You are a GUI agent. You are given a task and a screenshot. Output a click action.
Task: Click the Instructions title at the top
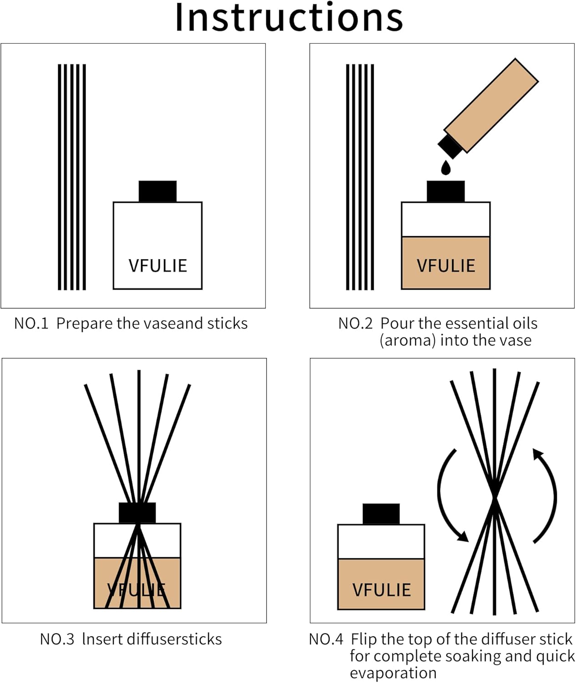click(x=289, y=17)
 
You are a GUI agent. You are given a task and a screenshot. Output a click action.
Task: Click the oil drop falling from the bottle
click(x=446, y=168)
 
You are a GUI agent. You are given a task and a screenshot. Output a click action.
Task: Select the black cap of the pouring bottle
click(x=450, y=145)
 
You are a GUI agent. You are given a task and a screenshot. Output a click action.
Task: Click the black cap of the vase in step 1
click(x=157, y=191)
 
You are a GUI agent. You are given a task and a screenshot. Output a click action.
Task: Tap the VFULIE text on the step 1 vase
click(x=157, y=266)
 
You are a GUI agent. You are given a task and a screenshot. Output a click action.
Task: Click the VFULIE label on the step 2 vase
click(x=446, y=266)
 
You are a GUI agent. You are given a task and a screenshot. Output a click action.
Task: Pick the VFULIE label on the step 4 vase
click(x=381, y=590)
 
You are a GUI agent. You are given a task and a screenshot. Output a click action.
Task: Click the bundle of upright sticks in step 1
click(x=72, y=177)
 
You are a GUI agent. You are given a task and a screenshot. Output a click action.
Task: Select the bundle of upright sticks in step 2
click(x=360, y=177)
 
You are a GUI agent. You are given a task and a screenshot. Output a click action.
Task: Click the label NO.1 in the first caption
click(x=31, y=324)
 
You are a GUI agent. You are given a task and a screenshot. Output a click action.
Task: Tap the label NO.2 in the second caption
click(x=355, y=324)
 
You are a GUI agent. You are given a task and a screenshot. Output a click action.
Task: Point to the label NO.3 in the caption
click(x=57, y=639)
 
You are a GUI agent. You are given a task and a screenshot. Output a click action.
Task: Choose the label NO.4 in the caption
click(x=326, y=639)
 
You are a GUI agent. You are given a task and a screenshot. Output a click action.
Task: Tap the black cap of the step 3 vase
click(x=137, y=513)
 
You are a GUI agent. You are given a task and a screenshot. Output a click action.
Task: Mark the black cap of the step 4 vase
click(x=381, y=514)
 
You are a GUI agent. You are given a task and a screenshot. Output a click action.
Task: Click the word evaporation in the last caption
click(x=393, y=673)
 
